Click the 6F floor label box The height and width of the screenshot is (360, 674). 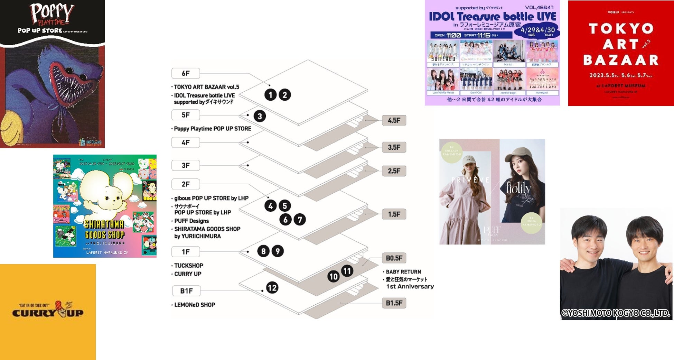point(186,73)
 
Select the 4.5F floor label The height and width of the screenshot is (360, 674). point(394,120)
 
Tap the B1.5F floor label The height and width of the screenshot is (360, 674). point(394,303)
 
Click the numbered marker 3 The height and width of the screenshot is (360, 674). point(260,116)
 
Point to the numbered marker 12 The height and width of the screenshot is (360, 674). point(272,288)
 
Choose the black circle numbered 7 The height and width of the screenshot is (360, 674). point(300,219)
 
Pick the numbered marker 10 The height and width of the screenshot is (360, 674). point(334,276)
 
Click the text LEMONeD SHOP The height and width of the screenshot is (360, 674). point(195,305)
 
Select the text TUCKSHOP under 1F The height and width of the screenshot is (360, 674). point(189,266)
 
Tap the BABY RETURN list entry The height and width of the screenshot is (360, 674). point(403,272)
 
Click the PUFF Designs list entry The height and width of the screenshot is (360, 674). point(191,221)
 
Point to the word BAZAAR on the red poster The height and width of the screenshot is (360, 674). point(621,60)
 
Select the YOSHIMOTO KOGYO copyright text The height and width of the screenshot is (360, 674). point(616,313)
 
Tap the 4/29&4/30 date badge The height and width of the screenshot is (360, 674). point(537,31)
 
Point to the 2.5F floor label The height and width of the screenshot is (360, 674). point(394,171)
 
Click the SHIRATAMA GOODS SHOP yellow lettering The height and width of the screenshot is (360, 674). point(104,230)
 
